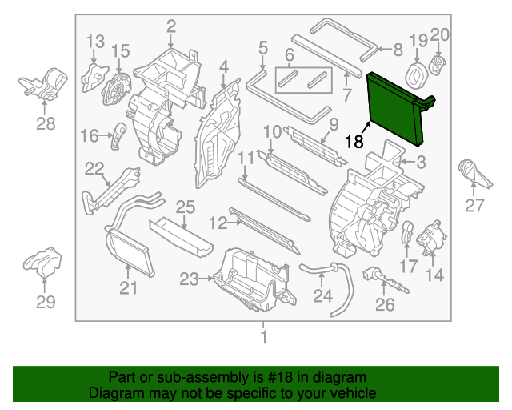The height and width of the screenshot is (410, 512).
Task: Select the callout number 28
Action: pos(46,123)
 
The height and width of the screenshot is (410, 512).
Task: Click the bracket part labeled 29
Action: pos(44,263)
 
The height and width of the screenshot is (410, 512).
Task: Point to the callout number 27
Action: pos(474,206)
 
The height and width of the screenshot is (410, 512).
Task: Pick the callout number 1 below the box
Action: pos(263,337)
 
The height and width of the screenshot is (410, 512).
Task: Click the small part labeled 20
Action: pos(438,63)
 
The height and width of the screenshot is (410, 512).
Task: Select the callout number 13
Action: pos(95,41)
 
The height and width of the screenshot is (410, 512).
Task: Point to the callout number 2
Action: pos(171,27)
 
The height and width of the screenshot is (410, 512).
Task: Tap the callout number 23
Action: pos(188,279)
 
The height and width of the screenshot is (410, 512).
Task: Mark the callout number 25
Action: pos(185,208)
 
